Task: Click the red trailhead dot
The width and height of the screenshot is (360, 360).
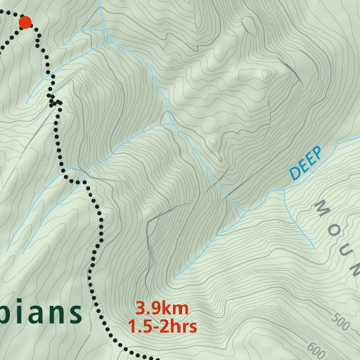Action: coord(25,22)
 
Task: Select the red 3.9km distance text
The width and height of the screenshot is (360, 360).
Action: coord(162,309)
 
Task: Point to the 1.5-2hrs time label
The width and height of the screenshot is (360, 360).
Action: coord(162,326)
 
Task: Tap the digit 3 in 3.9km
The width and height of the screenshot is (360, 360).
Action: coord(141,309)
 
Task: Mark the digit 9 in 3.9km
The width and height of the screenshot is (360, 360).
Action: coord(155,309)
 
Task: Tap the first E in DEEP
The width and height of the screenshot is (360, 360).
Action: coord(301,166)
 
